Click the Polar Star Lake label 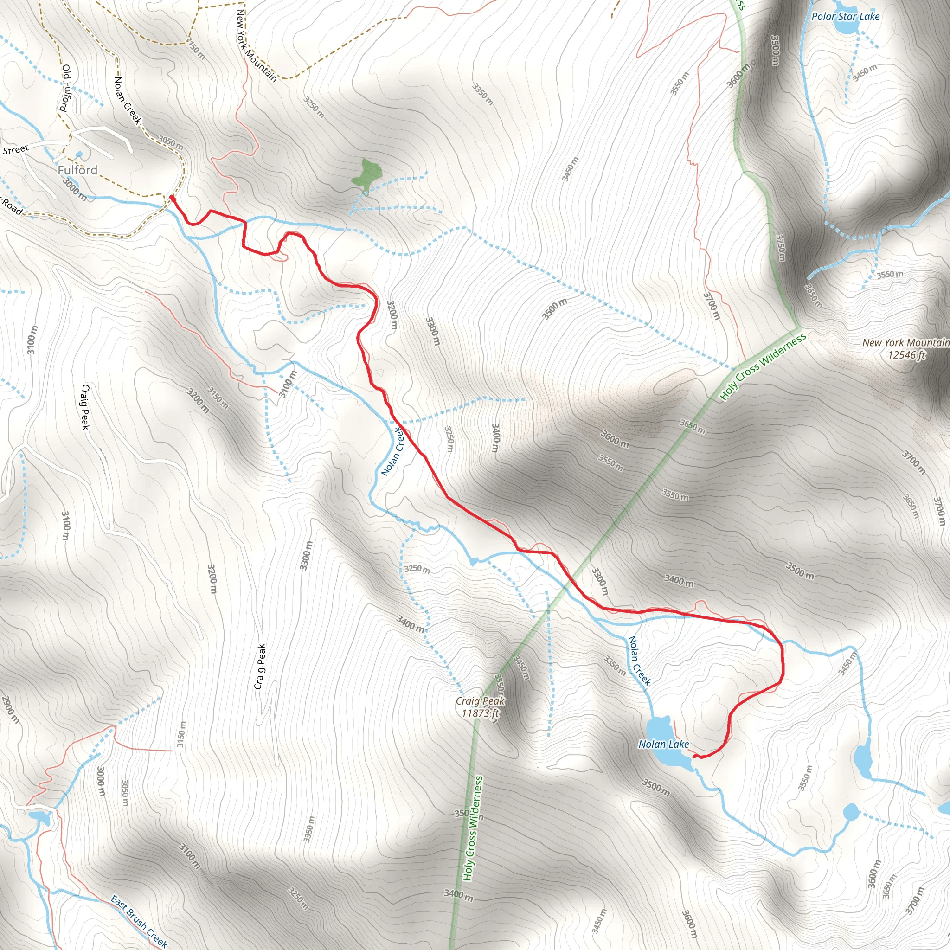(x=845, y=16)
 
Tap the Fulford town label (x=77, y=170)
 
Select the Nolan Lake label (x=663, y=744)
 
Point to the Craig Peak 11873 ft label (x=480, y=706)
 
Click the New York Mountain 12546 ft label (x=906, y=348)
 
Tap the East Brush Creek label (x=139, y=920)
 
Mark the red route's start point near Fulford (x=172, y=197)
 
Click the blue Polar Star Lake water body (x=845, y=27)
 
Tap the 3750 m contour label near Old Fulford (x=195, y=48)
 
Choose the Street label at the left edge (x=16, y=149)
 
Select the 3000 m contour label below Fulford (x=74, y=189)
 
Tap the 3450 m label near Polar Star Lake (x=865, y=72)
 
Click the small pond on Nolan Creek (x=474, y=561)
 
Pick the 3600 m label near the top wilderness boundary (x=738, y=76)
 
